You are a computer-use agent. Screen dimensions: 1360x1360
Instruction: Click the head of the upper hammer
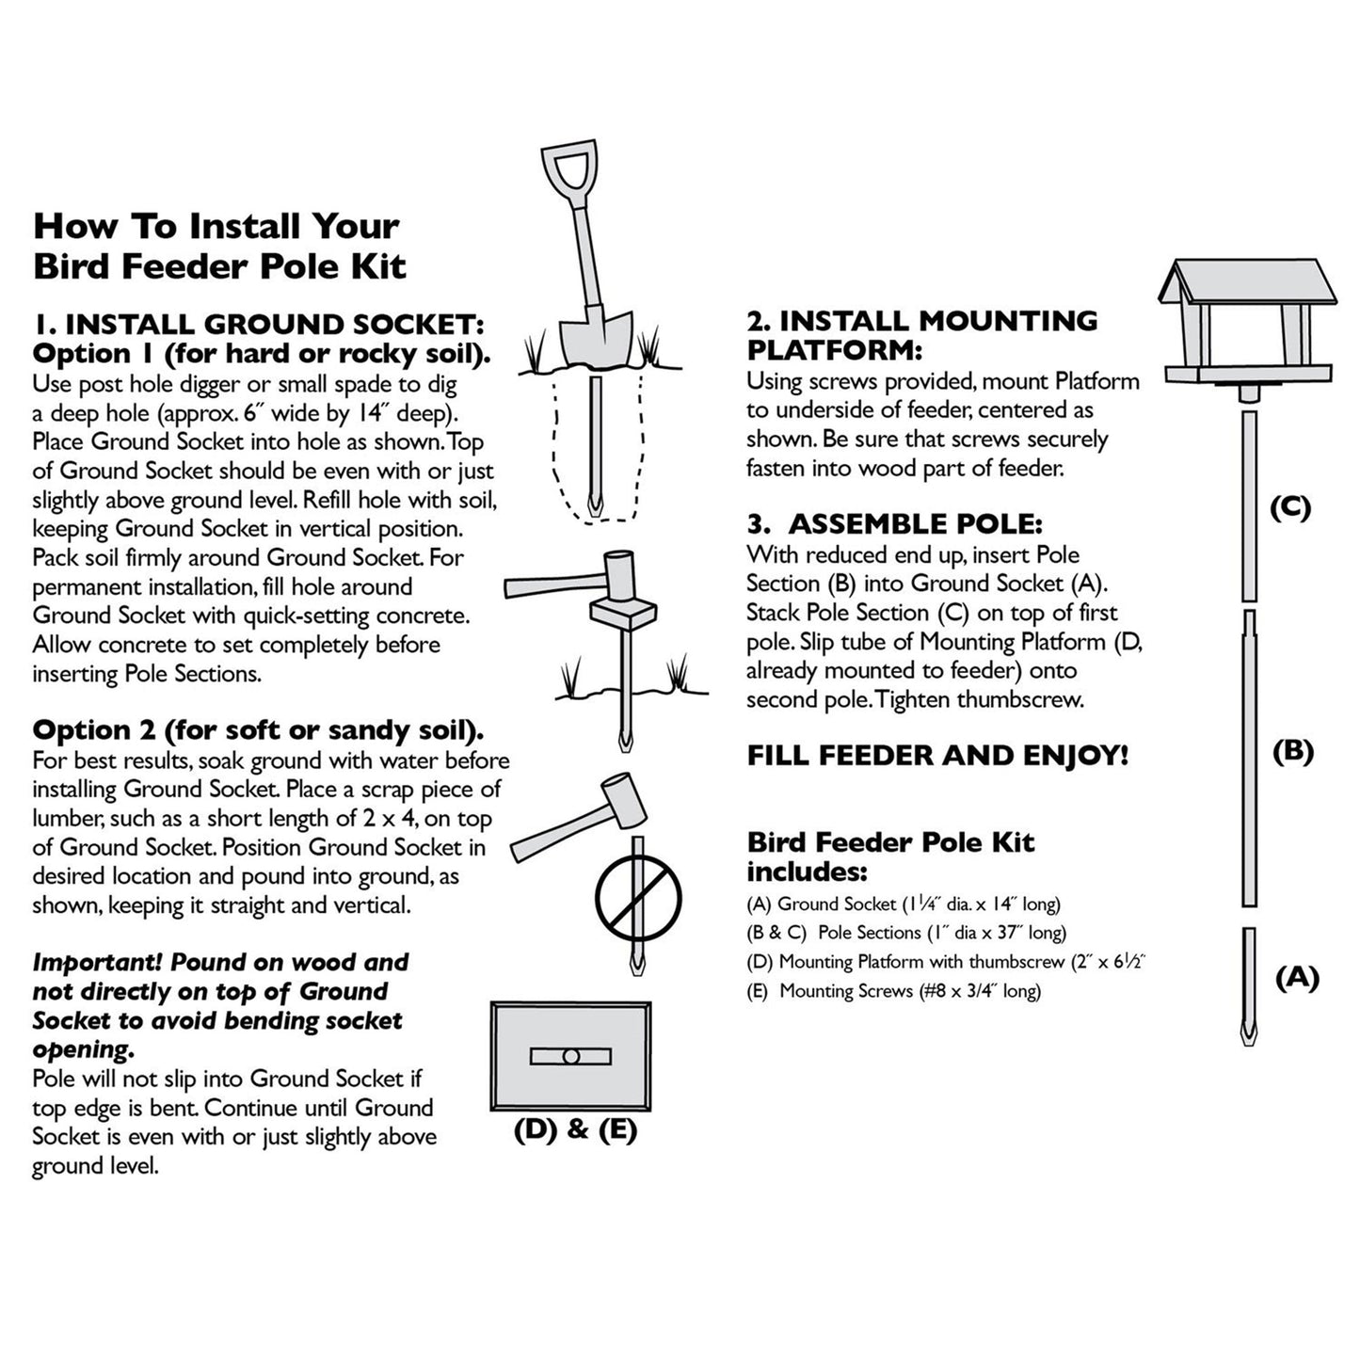tap(619, 576)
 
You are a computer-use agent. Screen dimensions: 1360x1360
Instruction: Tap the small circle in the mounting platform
tap(570, 1057)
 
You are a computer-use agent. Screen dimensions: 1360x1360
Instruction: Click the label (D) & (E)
tap(575, 1129)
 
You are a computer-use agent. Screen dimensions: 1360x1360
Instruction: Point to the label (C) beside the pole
tap(1290, 507)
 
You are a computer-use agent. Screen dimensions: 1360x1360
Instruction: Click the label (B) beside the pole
tap(1292, 751)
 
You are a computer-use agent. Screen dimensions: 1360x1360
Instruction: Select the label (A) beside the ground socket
tap(1297, 978)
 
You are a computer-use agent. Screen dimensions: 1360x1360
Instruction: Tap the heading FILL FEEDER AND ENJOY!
tap(937, 756)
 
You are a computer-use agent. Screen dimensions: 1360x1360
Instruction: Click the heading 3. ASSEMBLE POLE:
tap(894, 524)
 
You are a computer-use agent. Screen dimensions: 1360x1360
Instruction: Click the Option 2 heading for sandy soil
tap(258, 730)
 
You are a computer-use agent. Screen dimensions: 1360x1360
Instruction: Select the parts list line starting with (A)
tap(903, 904)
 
